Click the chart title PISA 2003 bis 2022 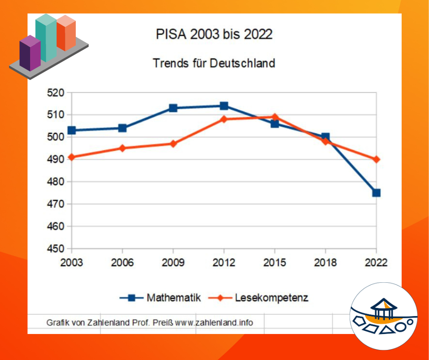214,35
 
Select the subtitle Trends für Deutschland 214,63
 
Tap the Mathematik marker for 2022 376,193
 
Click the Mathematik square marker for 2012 224,106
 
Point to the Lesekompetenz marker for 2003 71,157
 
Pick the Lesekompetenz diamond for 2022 376,159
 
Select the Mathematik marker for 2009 173,108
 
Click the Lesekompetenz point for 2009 173,144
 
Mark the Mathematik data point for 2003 71,131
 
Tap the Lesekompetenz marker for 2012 224,119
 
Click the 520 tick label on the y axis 56,93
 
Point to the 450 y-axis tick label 56,249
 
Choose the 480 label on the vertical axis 56,182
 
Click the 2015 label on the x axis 275,263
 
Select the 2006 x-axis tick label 122,263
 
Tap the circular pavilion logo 383,316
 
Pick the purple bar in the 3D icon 30,53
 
